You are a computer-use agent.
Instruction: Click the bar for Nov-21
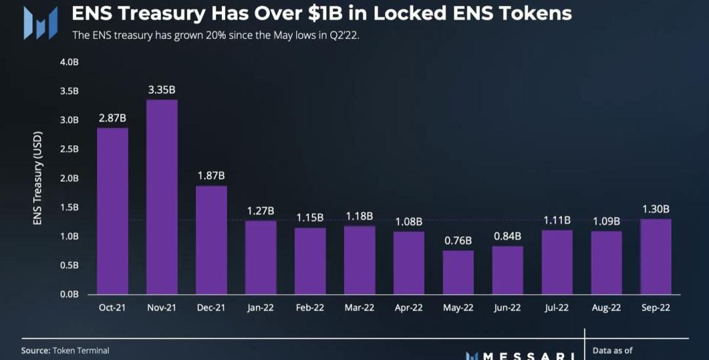pyautogui.click(x=161, y=197)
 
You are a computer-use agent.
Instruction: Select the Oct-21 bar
pyautogui.click(x=112, y=211)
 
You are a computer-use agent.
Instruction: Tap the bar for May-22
pyautogui.click(x=458, y=272)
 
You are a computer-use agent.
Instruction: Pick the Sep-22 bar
pyautogui.click(x=656, y=256)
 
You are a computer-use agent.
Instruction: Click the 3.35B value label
pyautogui.click(x=161, y=89)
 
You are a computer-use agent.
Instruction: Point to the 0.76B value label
pyautogui.click(x=458, y=240)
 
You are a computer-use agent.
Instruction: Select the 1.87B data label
pyautogui.click(x=211, y=175)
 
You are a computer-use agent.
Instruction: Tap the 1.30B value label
pyautogui.click(x=656, y=209)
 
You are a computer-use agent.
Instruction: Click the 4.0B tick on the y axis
pyautogui.click(x=69, y=62)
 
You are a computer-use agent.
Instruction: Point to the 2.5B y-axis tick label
pyautogui.click(x=69, y=149)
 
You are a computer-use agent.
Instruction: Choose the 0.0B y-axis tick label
pyautogui.click(x=69, y=294)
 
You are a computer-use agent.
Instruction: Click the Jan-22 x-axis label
pyautogui.click(x=261, y=307)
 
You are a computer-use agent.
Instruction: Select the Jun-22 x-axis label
pyautogui.click(x=507, y=307)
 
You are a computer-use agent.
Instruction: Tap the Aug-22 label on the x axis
pyautogui.click(x=607, y=307)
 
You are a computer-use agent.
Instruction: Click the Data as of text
pyautogui.click(x=612, y=351)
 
